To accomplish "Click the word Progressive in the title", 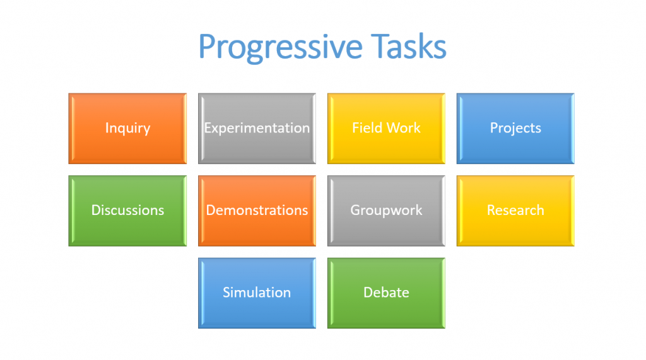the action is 281,47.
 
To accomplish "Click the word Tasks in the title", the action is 409,46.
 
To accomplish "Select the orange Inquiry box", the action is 127,129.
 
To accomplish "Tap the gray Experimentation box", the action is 257,129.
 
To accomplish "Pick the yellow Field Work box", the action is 387,129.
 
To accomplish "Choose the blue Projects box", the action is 515,129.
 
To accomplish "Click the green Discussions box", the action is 127,211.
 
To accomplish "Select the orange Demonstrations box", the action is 257,211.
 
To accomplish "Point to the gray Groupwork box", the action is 387,211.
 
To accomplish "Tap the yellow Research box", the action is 515,211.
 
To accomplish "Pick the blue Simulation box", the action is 257,293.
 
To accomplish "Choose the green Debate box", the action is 387,293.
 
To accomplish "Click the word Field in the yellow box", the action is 368,128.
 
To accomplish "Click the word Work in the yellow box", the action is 404,128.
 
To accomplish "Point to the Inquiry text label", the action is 127,129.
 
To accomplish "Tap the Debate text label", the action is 387,293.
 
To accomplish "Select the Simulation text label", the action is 257,293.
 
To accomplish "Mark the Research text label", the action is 515,210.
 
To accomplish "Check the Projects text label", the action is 515,129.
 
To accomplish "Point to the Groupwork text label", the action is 387,211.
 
